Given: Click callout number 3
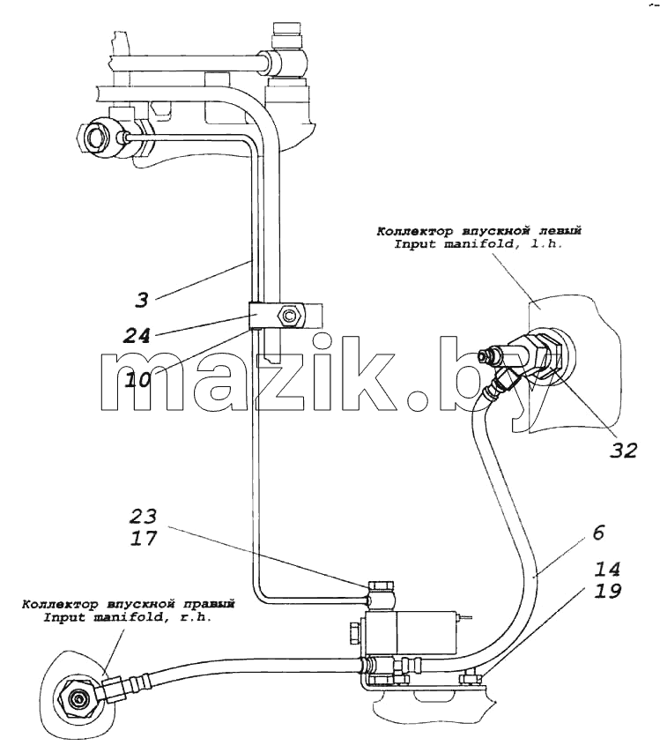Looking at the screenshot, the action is coord(142,301).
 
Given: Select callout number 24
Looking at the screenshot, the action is coord(136,335).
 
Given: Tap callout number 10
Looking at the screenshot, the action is coord(137,380).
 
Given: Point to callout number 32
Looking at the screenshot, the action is coord(624,451).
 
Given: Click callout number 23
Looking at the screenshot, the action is coord(143,516).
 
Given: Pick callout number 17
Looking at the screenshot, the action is coord(144,538).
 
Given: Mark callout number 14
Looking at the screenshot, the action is coord(607,569).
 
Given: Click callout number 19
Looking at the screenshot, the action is coord(607,591).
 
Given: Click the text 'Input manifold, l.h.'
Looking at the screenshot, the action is coord(478,244).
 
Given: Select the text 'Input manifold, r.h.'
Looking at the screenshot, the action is coord(128,617).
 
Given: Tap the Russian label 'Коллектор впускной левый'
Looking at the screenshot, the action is coord(478,231).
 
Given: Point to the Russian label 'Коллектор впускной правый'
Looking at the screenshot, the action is coord(128,604).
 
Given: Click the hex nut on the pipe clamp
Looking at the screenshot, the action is coord(288,316).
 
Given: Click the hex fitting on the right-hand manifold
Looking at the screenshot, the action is coord(77,697).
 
